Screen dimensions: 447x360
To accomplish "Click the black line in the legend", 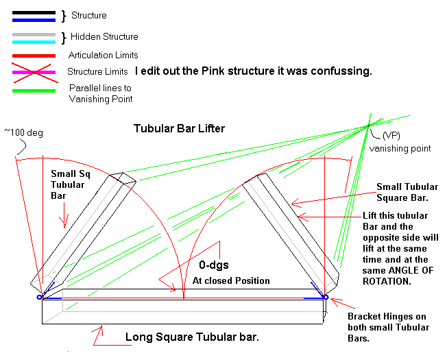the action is (34, 12).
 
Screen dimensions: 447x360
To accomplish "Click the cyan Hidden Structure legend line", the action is (34, 43).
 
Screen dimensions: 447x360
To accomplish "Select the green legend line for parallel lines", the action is (34, 91).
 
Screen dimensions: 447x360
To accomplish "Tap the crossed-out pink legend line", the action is (34, 73).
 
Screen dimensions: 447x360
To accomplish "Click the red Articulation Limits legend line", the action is (34, 56).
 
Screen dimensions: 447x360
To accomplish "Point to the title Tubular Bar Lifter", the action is (179, 128).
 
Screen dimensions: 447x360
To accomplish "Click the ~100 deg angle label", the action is (24, 133).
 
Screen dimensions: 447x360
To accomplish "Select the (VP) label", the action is (391, 135).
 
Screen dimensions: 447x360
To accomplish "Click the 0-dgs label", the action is (214, 265).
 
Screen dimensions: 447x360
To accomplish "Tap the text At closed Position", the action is (231, 280).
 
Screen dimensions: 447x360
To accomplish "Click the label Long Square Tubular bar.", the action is (192, 337).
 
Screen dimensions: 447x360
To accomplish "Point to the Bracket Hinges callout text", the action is (388, 327).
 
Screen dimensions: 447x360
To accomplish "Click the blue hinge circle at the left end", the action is (40, 298).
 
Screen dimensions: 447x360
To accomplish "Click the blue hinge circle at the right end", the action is (326, 298).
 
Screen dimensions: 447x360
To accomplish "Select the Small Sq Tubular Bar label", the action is (71, 184).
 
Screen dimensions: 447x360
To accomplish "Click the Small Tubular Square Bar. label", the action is (407, 192).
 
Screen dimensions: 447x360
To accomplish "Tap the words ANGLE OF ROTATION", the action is (398, 276).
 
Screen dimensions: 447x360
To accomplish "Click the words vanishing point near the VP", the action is (400, 149).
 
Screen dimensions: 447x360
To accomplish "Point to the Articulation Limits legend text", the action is (104, 55).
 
